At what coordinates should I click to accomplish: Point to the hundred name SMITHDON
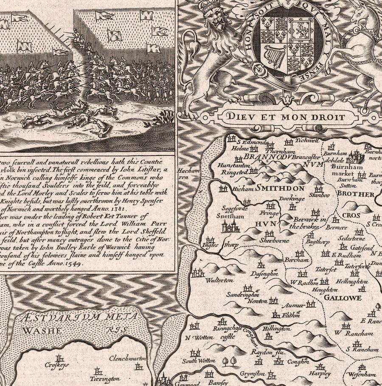click(281, 188)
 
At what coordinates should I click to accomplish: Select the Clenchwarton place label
click(127, 358)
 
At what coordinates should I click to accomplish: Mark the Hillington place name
click(276, 329)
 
